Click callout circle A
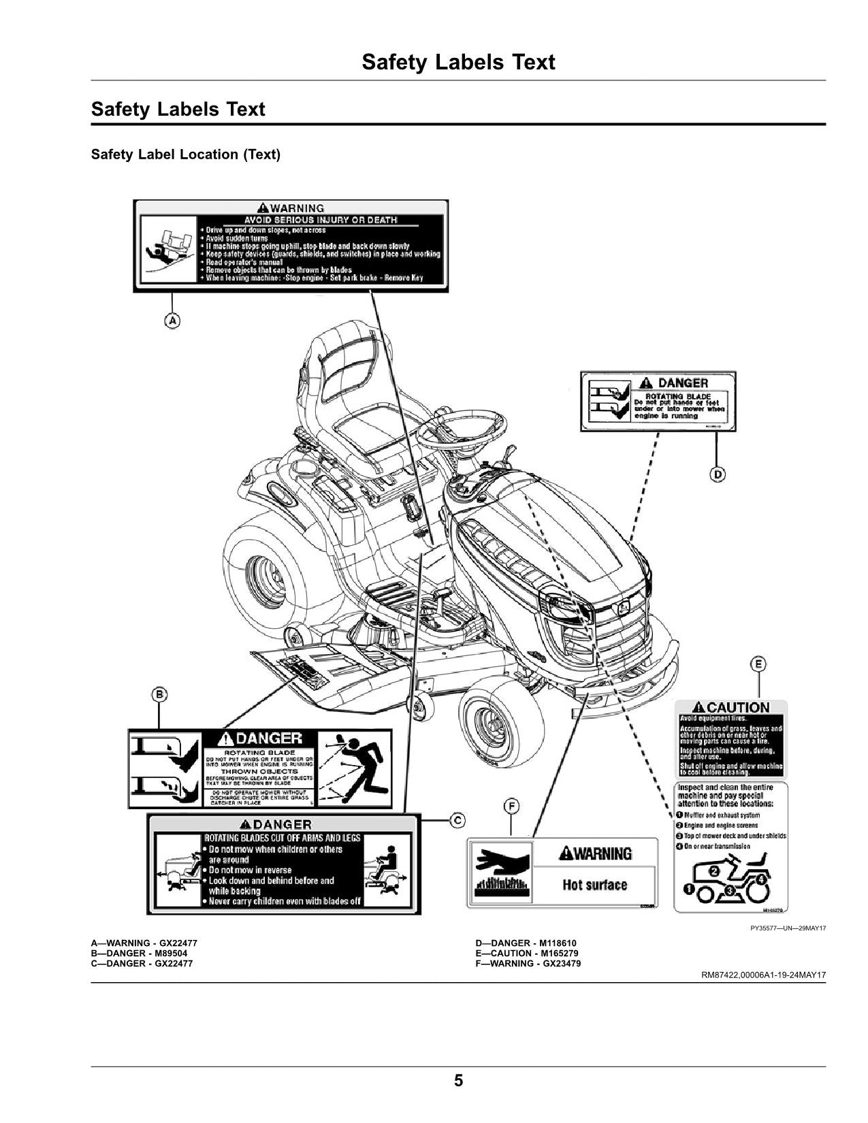click(x=173, y=320)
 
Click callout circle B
click(x=159, y=694)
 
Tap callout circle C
click(x=457, y=819)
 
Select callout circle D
click(x=717, y=474)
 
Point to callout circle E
click(x=758, y=664)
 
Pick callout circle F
click(x=511, y=807)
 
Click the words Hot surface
click(x=594, y=885)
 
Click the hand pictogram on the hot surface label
click(x=500, y=860)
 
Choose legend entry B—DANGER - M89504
click(x=139, y=954)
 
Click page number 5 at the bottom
click(x=458, y=1080)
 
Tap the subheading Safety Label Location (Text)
click(x=185, y=154)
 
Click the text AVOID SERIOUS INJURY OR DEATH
click(x=321, y=220)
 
